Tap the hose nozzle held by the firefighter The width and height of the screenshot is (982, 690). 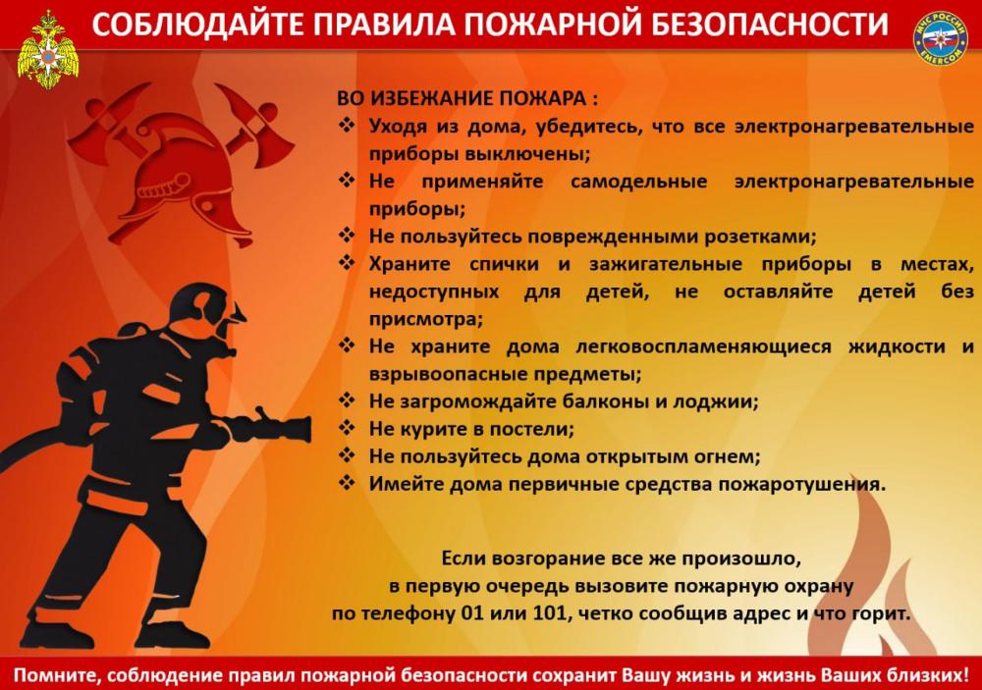tap(280, 428)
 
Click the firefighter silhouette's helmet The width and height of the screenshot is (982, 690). tap(201, 305)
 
